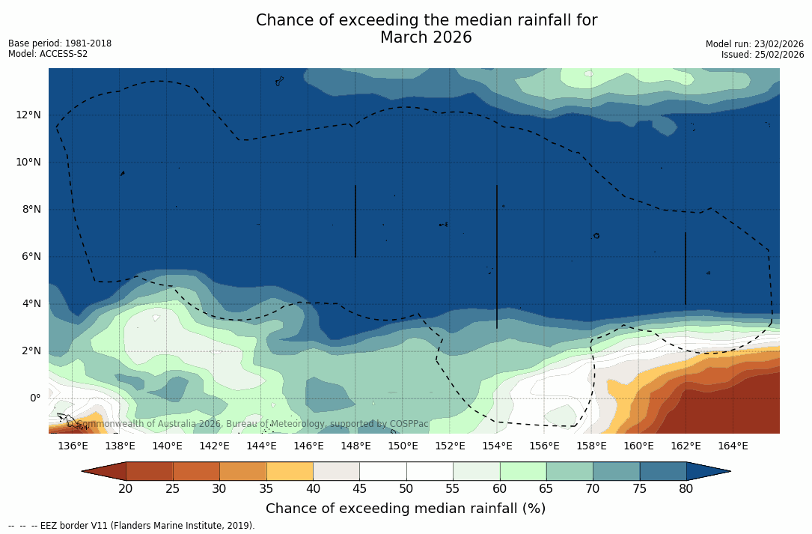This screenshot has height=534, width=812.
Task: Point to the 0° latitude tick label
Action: coord(35,398)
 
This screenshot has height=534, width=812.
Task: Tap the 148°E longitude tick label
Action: coord(355,446)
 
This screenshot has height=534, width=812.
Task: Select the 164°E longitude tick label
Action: coord(733,446)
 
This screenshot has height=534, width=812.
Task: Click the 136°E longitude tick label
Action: coord(73,446)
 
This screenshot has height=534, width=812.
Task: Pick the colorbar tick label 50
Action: coord(406,489)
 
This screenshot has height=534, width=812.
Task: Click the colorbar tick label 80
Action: coord(686,489)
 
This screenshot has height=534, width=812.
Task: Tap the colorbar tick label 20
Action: coord(126,489)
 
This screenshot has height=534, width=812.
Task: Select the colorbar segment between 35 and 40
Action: coord(290,471)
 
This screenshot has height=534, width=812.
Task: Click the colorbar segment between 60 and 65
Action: coord(523,471)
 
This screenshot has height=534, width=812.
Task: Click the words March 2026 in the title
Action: coord(426,37)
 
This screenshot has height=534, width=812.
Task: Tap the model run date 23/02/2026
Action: coord(777,44)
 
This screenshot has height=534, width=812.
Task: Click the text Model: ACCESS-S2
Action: coord(48,54)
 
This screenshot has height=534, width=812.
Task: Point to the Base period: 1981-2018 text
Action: coord(60,43)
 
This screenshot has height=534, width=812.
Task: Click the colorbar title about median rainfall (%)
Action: coord(406,509)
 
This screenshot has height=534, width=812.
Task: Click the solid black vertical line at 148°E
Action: coord(355,221)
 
